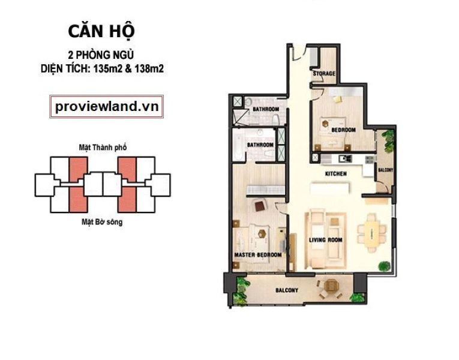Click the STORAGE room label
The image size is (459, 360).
[x=324, y=73]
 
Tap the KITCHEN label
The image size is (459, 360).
[x=336, y=173]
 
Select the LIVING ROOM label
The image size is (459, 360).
[x=326, y=240]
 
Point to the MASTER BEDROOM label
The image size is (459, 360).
[x=258, y=255]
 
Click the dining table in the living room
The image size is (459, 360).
[x=372, y=232]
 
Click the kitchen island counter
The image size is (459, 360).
[x=331, y=188]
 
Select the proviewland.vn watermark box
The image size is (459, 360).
[x=107, y=107]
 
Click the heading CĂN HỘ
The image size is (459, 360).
[x=101, y=32]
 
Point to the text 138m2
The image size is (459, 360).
[x=149, y=69]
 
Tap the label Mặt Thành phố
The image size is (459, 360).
[x=103, y=147]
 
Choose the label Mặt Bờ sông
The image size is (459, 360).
[x=102, y=222]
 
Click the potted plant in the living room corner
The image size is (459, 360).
[x=384, y=265]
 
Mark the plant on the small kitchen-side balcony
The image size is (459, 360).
[x=388, y=140]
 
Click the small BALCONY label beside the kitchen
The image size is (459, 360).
[x=386, y=170]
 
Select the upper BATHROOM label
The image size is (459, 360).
[x=266, y=109]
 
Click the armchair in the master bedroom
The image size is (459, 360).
[x=260, y=205]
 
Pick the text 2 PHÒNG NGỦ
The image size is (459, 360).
[x=101, y=55]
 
